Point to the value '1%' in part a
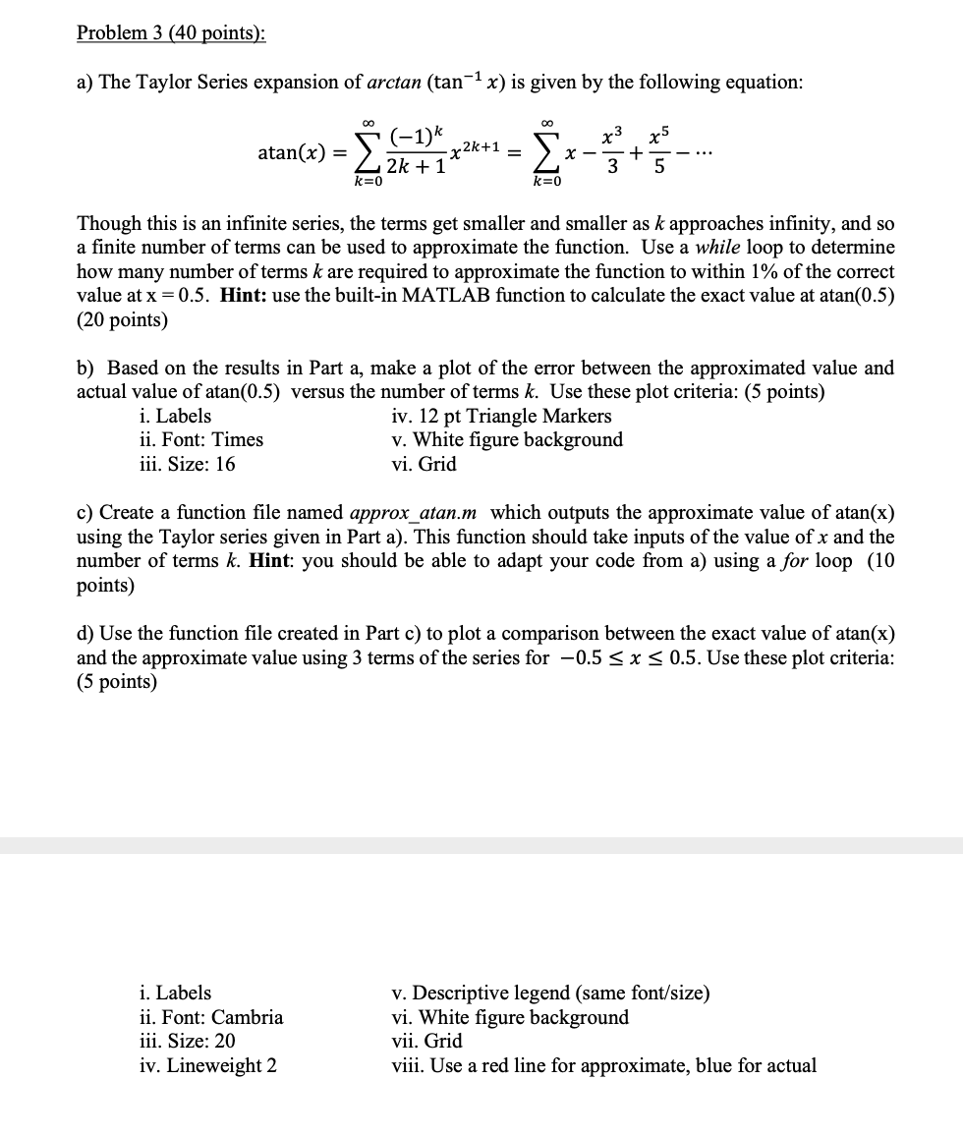[x=743, y=272]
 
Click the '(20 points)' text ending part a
[x=122, y=320]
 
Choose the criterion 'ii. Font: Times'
[x=201, y=440]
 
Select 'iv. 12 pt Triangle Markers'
[x=501, y=416]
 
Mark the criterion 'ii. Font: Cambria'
[x=211, y=1017]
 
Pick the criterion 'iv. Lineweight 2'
[x=208, y=1065]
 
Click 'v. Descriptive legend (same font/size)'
[x=550, y=993]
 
